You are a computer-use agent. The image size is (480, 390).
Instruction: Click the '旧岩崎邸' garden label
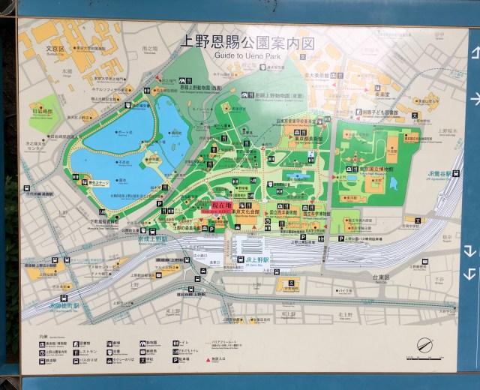[x=43, y=112]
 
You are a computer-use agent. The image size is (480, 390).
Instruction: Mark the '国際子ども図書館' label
[x=382, y=112]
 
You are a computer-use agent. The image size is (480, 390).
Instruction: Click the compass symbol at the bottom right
[x=425, y=346]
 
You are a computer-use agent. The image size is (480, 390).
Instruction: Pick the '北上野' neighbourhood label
[x=345, y=314]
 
